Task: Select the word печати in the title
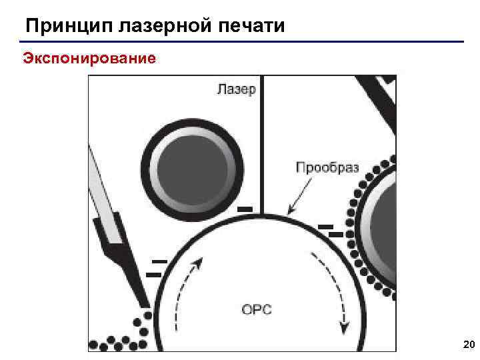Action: (x=253, y=26)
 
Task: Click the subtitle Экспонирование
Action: (x=90, y=59)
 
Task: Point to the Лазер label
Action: (x=236, y=89)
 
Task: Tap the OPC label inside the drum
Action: (x=257, y=309)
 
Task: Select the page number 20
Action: (x=468, y=344)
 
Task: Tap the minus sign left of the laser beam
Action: (x=245, y=209)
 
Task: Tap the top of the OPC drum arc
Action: (x=262, y=216)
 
